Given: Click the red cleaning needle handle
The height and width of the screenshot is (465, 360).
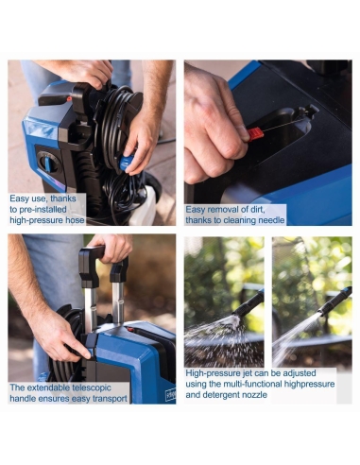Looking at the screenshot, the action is (x=255, y=134).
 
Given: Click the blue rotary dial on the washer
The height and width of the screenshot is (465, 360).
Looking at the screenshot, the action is (x=47, y=163).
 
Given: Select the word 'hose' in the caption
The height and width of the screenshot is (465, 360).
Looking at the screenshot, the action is (x=75, y=220).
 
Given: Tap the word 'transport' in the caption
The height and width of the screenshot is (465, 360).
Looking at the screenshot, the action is (x=109, y=399).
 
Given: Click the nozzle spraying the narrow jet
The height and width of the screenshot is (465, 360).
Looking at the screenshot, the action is (x=334, y=301).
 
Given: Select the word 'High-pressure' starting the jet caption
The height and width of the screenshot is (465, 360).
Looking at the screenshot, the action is (x=213, y=373).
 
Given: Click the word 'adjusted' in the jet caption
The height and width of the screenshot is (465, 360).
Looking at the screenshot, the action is (x=300, y=373).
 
